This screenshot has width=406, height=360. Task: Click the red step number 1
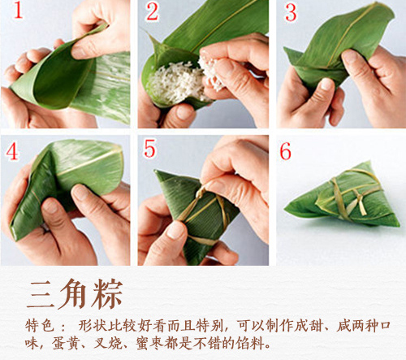(15, 14)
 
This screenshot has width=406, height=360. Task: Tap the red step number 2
(153, 12)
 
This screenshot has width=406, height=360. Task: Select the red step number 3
(291, 13)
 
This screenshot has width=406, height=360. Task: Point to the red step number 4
(13, 153)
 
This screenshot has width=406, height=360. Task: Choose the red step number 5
(150, 150)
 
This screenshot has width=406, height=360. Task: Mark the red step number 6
(286, 152)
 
